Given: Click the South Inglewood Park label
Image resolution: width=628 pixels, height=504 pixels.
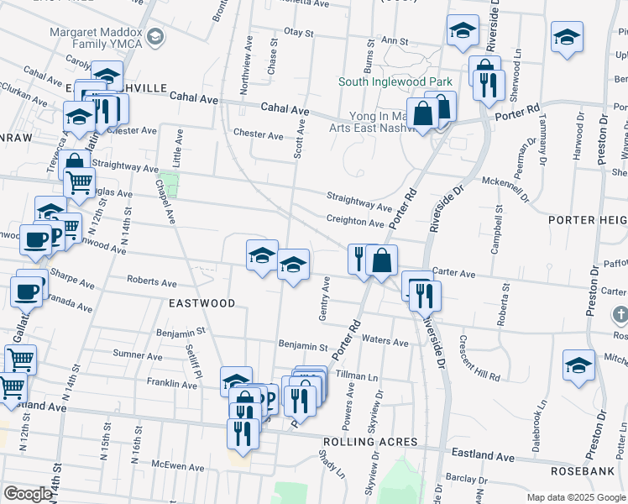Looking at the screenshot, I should (396, 81).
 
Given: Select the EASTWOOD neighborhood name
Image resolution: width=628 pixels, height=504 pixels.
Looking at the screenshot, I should (202, 302).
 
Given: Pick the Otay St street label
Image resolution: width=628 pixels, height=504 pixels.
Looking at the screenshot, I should (298, 33).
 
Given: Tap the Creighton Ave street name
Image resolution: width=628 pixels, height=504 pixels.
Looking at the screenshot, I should (355, 221).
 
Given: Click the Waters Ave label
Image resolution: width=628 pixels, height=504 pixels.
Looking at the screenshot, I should (385, 342).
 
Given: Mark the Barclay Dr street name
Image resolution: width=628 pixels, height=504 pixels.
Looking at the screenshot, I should (463, 477).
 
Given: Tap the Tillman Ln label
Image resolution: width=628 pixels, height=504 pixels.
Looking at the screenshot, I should (357, 374).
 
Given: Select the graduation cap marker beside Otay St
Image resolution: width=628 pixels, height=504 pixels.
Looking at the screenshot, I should (461, 32).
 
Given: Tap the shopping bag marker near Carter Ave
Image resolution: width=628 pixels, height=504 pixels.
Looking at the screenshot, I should (382, 260).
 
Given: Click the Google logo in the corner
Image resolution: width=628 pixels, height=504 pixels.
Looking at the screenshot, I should (28, 494).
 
